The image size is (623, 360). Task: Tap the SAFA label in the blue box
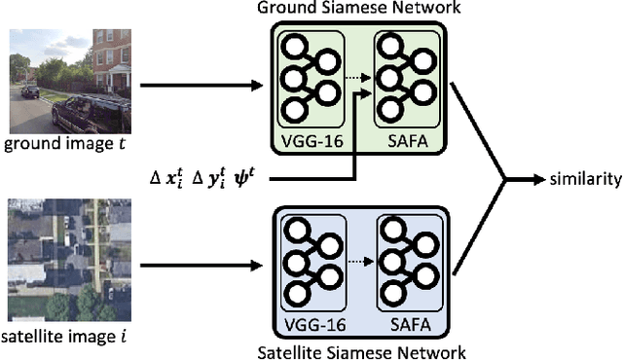402,322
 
